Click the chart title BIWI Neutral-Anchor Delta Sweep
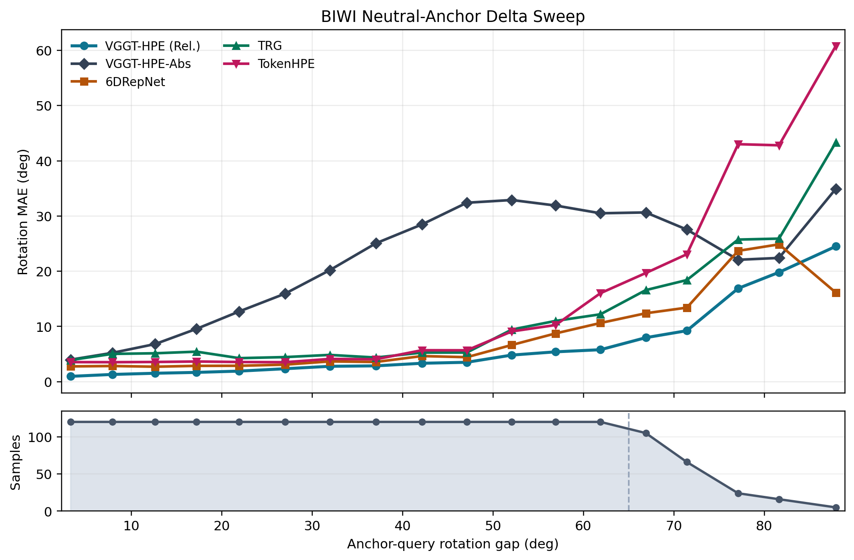click(453, 17)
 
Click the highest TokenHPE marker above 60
click(835, 46)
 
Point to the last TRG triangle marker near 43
click(835, 142)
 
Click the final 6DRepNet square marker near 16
click(835, 293)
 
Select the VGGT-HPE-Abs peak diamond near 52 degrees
click(511, 200)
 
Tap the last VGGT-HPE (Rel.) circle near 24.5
click(835, 246)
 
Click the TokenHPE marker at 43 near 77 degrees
click(738, 144)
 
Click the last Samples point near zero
click(835, 507)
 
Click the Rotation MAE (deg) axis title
click(23, 211)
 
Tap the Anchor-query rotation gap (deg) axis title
click(453, 545)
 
